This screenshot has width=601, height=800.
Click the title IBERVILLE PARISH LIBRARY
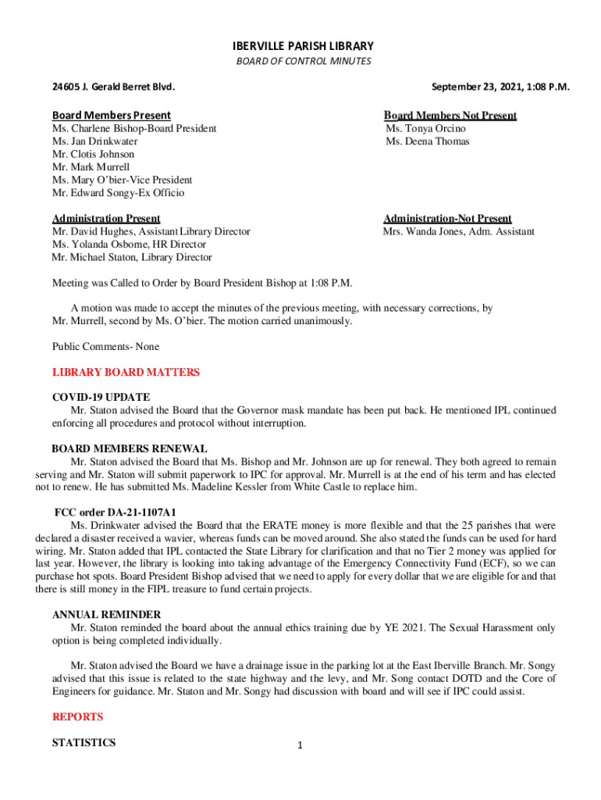(x=300, y=46)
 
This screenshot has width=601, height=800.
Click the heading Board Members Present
(x=112, y=116)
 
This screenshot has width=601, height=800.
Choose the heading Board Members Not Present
(x=450, y=116)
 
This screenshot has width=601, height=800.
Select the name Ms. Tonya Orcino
(x=425, y=128)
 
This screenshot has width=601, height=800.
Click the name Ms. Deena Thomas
(x=428, y=141)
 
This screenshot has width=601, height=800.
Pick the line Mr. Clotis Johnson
(x=93, y=154)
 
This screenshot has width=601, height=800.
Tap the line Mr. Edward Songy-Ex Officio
(x=118, y=192)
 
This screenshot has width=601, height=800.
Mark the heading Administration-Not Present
(x=447, y=219)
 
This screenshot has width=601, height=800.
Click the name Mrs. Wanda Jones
(x=423, y=231)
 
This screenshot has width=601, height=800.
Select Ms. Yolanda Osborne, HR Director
(x=128, y=244)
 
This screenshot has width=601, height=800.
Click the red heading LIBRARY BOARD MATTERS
(x=126, y=373)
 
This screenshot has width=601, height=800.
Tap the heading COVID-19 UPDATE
(x=101, y=397)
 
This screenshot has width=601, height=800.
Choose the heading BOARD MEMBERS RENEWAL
(x=129, y=448)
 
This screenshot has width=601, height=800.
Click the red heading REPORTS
(x=77, y=716)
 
